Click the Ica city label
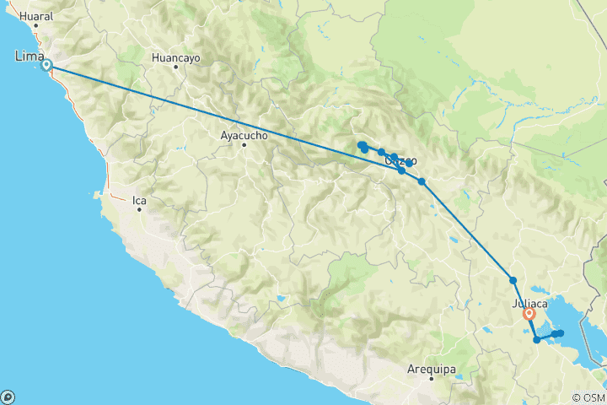point(140,201)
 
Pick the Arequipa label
point(431,369)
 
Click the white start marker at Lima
point(47,65)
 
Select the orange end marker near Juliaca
point(529,314)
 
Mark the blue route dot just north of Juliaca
point(513,280)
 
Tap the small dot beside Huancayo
point(176,67)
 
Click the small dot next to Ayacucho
point(244,144)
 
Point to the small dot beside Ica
point(140,209)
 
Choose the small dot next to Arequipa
point(431,378)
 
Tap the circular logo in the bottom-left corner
point(8,397)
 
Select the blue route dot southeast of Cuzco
point(422,181)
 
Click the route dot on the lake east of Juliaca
point(559,333)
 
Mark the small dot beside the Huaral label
point(35,25)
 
